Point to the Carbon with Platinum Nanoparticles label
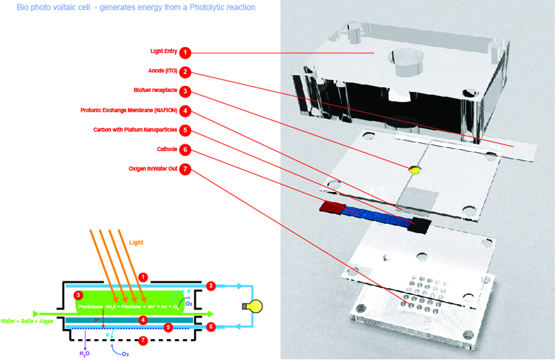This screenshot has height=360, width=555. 135,130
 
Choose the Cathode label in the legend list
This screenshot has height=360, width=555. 166,149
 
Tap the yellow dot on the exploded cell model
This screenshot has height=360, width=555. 416,171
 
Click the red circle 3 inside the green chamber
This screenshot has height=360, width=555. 78,295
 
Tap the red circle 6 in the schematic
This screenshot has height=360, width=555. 211,327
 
